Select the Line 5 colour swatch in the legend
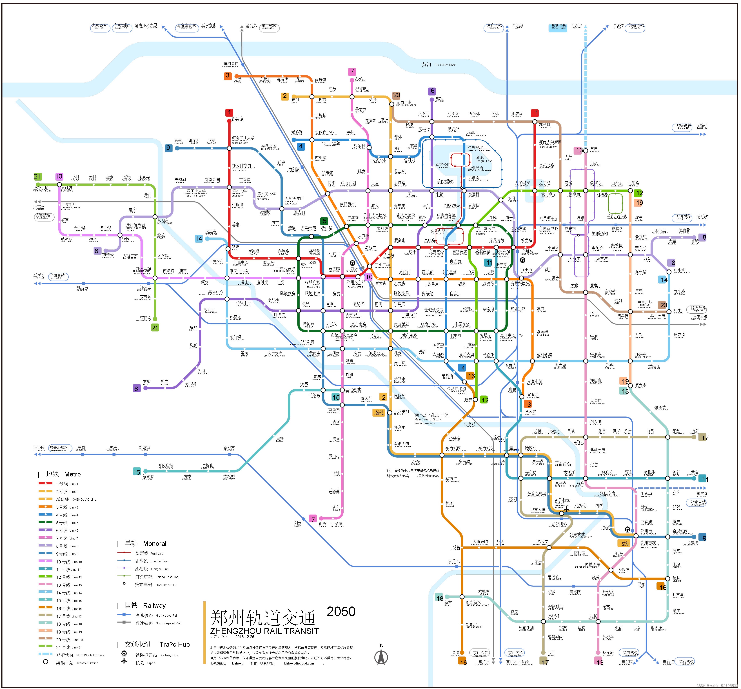[x=45, y=522]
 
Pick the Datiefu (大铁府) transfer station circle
[x=611, y=570]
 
